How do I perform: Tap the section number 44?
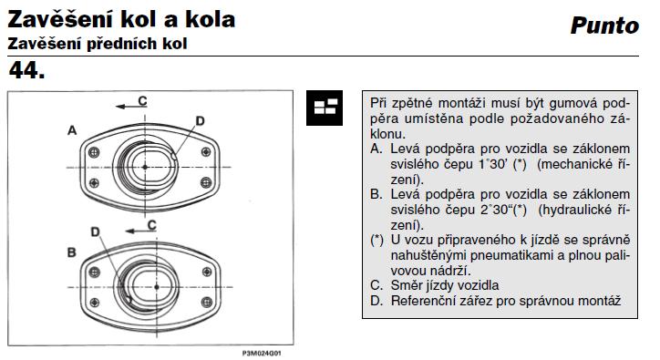pos(27,69)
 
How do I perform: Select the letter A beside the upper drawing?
pos(71,131)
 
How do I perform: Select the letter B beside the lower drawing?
pos(71,250)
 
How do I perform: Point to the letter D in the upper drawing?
pos(200,119)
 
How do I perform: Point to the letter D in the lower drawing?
pos(95,232)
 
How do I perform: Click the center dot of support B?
pos(157,286)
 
